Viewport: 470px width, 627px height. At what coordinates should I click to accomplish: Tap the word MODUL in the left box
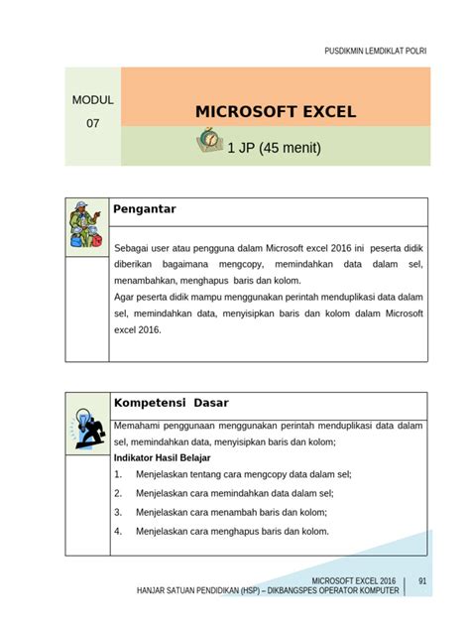pyautogui.click(x=92, y=101)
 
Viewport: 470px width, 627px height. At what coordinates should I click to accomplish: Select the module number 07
pyautogui.click(x=92, y=125)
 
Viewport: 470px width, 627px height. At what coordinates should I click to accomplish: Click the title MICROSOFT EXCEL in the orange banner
pyautogui.click(x=275, y=111)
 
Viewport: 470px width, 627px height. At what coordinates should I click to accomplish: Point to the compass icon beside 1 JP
pyautogui.click(x=209, y=143)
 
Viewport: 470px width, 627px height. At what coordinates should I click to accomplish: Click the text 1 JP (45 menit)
pyautogui.click(x=275, y=149)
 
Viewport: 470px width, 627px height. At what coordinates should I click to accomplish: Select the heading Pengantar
pyautogui.click(x=145, y=209)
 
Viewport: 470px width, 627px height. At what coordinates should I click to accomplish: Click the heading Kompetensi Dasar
pyautogui.click(x=172, y=403)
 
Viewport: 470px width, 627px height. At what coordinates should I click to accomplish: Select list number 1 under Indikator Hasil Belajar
pyautogui.click(x=118, y=475)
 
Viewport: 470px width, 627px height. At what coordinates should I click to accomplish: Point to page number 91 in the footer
pyautogui.click(x=422, y=580)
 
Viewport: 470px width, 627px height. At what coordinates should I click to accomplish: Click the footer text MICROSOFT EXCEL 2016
pyautogui.click(x=353, y=580)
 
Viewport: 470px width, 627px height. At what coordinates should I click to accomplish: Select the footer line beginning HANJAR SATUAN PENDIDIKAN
pyautogui.click(x=268, y=590)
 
